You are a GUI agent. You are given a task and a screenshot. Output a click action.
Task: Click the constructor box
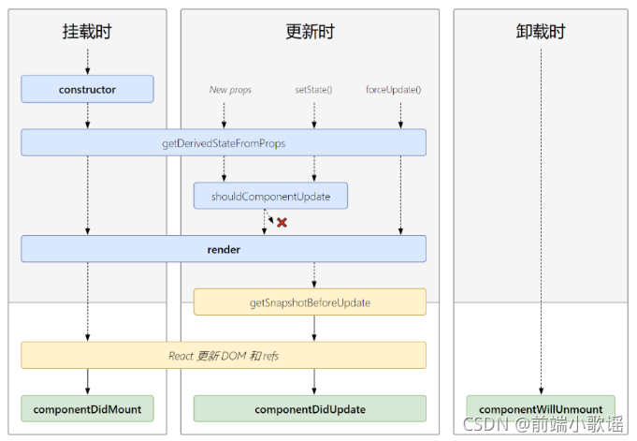click(87, 89)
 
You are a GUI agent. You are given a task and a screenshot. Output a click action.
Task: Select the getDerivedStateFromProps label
click(224, 143)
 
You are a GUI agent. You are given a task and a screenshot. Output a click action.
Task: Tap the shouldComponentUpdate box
click(270, 196)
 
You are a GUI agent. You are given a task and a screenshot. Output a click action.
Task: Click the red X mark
click(282, 223)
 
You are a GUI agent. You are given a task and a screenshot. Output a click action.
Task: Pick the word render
click(224, 249)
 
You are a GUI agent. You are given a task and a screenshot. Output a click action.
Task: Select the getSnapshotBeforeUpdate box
click(310, 301)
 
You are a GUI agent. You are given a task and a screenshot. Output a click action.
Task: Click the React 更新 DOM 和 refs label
click(224, 356)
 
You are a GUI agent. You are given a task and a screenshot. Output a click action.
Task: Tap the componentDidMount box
click(87, 408)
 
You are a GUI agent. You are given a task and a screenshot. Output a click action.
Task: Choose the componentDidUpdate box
click(310, 408)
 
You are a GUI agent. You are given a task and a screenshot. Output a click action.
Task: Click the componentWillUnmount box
click(541, 408)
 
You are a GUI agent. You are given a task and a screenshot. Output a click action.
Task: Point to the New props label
click(230, 90)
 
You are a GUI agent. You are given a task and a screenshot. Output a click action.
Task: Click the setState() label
click(313, 90)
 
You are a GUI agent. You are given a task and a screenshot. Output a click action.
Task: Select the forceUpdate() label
click(393, 90)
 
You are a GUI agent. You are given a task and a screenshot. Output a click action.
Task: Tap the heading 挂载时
click(87, 31)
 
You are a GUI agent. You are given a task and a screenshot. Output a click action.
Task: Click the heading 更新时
click(310, 31)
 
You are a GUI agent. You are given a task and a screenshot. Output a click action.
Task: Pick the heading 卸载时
click(541, 31)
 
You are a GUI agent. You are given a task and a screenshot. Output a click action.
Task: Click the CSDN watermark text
click(543, 424)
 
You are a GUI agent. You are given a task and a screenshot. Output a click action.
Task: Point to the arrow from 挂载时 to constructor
click(87, 62)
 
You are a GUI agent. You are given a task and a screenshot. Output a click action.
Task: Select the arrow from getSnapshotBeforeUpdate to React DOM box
click(314, 329)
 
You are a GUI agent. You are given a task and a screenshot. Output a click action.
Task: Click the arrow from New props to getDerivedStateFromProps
click(224, 115)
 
